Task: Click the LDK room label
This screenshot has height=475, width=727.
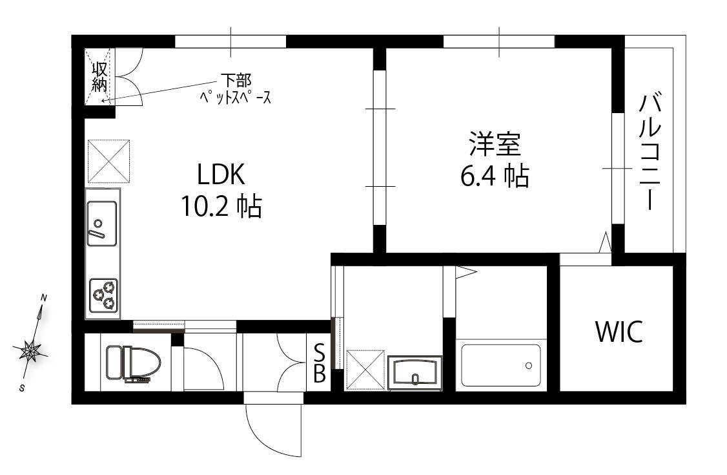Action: coord(221,175)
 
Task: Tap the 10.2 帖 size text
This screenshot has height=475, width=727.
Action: coord(221,206)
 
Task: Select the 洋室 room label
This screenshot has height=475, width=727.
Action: coord(495,144)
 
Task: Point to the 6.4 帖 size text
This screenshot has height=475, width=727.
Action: coord(495,176)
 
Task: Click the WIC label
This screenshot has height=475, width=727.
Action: coord(619,331)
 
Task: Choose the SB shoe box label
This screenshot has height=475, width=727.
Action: coord(320,363)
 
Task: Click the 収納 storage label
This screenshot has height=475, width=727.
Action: coord(99,76)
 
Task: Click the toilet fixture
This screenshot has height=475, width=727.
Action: coord(133,364)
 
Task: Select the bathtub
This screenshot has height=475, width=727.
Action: coord(501,365)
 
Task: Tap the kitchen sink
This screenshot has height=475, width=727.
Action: coord(102,223)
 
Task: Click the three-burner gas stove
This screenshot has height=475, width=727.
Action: coord(103,295)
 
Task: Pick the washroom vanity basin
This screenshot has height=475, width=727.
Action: coord(415,373)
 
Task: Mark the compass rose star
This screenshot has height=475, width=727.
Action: coord(30,350)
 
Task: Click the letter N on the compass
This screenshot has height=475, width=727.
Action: coord(44,298)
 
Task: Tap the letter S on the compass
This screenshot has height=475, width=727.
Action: coord(22,388)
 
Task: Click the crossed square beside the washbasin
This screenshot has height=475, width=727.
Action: coord(365,370)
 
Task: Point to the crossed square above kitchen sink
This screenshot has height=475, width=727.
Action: coord(108,161)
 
